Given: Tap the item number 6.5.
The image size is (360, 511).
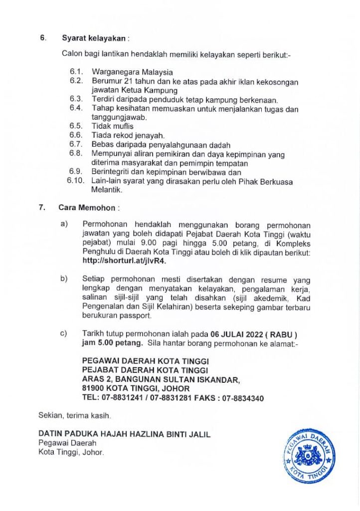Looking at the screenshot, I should click(x=76, y=126).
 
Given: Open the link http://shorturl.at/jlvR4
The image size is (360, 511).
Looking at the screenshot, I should click(x=124, y=260).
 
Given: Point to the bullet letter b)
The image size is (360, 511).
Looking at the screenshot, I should click(x=64, y=278).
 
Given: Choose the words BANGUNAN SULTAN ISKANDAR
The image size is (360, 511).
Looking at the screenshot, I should click(x=178, y=380).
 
